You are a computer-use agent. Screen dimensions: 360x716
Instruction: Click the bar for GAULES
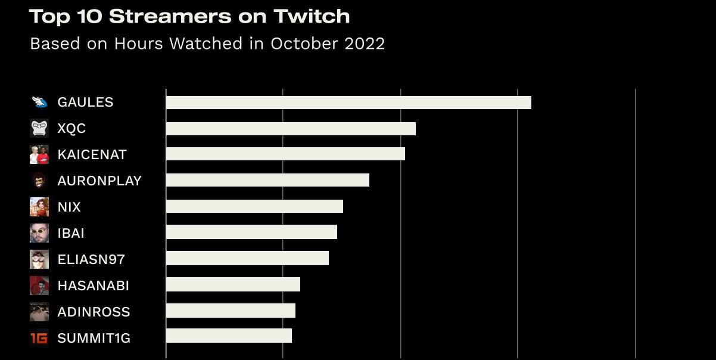click(x=348, y=103)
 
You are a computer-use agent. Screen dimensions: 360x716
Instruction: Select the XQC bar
click(x=291, y=129)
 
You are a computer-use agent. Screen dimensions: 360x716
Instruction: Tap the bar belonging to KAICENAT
click(x=285, y=154)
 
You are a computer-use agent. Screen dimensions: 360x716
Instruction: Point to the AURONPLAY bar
click(x=267, y=180)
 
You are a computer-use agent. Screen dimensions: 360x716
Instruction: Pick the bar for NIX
click(x=254, y=206)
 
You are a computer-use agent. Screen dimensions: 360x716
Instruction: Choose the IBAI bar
click(x=251, y=232)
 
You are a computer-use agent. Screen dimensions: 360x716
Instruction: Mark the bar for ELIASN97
click(x=247, y=258)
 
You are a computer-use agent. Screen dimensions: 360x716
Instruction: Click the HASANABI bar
click(x=233, y=284)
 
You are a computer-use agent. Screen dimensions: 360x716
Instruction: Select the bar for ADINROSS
click(x=231, y=311)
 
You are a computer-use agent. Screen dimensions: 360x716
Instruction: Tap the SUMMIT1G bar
click(x=229, y=336)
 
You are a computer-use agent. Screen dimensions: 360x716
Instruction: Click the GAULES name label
click(x=85, y=103)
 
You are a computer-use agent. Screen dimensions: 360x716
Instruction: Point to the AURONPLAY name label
click(x=99, y=181)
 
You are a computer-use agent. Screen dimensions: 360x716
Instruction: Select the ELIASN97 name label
click(x=91, y=259)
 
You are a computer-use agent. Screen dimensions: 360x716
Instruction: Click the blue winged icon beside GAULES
click(x=39, y=102)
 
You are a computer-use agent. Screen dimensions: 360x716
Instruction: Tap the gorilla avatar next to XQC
click(x=39, y=128)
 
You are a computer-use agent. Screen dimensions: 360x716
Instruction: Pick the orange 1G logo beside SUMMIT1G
click(x=39, y=338)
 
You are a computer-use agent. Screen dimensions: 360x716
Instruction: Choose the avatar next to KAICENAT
click(x=39, y=154)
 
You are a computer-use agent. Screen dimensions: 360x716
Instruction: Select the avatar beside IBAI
click(x=39, y=233)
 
